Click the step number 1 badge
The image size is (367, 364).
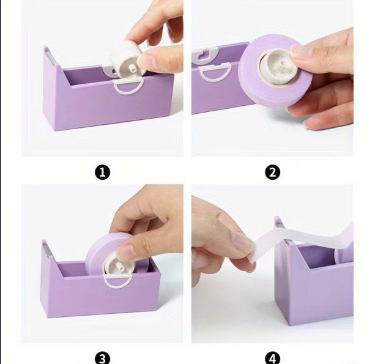102,173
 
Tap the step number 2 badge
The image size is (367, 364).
272,173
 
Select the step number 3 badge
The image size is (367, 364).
102,358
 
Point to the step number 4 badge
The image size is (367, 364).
272,358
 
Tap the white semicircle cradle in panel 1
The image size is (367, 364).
128,87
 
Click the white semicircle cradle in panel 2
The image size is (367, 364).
214,73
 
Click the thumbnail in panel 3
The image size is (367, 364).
125,252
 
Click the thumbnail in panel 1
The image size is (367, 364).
146,61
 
